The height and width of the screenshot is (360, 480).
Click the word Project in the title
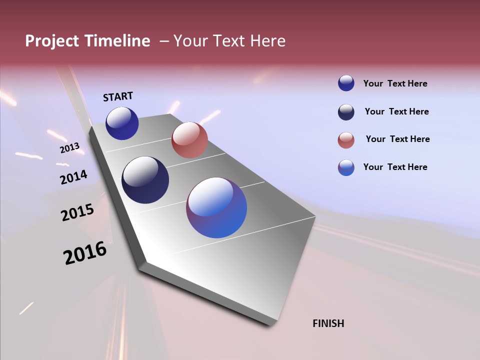(52, 41)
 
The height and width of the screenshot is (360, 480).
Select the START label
(118, 96)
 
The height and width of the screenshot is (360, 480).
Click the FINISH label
(328, 323)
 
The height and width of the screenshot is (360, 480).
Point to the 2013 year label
(69, 148)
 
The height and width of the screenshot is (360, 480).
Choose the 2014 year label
(73, 177)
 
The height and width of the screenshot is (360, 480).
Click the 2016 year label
(85, 253)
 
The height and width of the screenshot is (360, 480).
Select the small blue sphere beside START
(122, 123)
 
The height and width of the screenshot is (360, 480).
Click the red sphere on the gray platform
(189, 140)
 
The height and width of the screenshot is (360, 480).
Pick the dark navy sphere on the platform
(145, 180)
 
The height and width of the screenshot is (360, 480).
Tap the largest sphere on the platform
(216, 207)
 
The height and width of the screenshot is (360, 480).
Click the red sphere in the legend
(346, 140)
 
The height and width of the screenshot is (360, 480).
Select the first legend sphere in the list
(346, 83)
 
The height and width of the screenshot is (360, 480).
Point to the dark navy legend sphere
(346, 112)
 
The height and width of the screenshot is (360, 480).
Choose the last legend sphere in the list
(346, 167)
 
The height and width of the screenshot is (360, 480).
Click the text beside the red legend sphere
(397, 139)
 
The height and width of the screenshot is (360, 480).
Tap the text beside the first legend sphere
(395, 83)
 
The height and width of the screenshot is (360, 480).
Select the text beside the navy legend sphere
(396, 111)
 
